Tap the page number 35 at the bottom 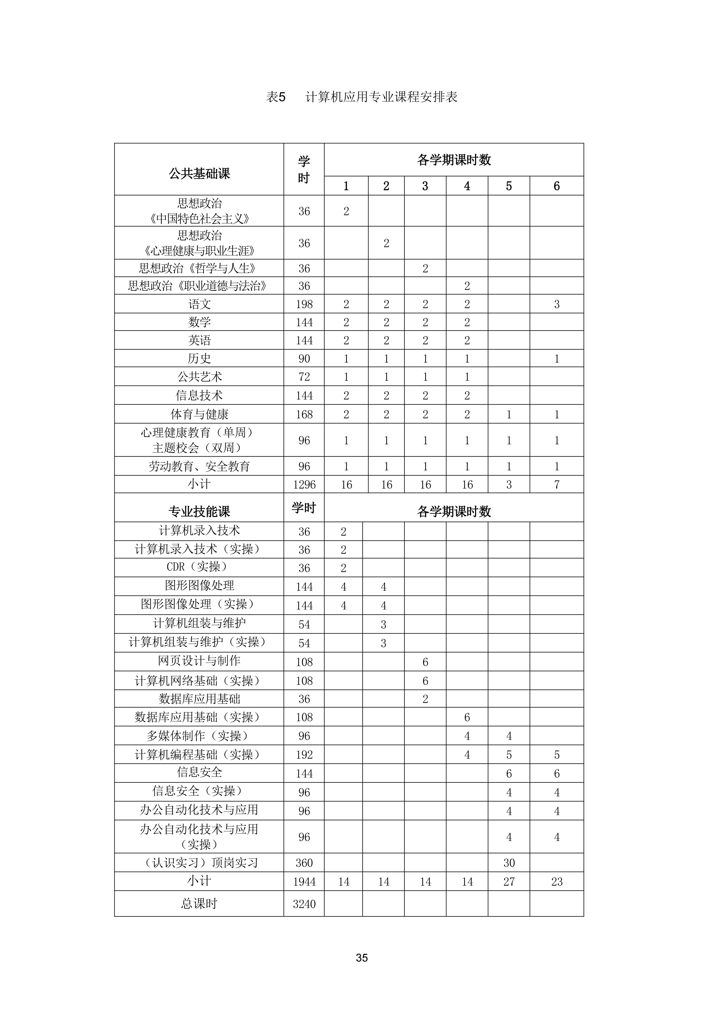362,958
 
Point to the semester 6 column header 556,186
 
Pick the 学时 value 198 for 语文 304,304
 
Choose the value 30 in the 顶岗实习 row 509,863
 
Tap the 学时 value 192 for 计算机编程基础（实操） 304,755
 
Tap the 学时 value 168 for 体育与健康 304,414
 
